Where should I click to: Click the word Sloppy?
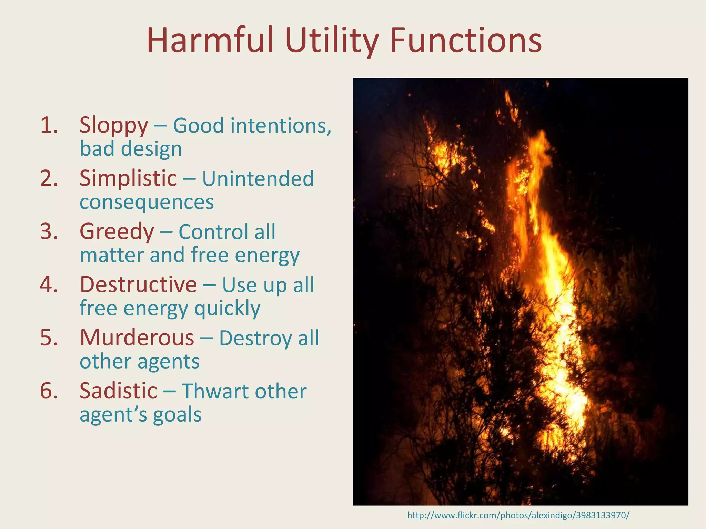pyautogui.click(x=114, y=126)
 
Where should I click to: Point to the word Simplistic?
pyautogui.click(x=128, y=178)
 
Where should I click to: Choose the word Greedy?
pyautogui.click(x=117, y=231)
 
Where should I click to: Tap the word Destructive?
pyautogui.click(x=138, y=285)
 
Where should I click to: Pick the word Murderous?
pyautogui.click(x=137, y=338)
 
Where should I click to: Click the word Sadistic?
pyautogui.click(x=118, y=391)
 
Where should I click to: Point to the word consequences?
pyautogui.click(x=147, y=202)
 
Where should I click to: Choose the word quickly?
pyautogui.click(x=227, y=308)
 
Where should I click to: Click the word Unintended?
pyautogui.click(x=258, y=178)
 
